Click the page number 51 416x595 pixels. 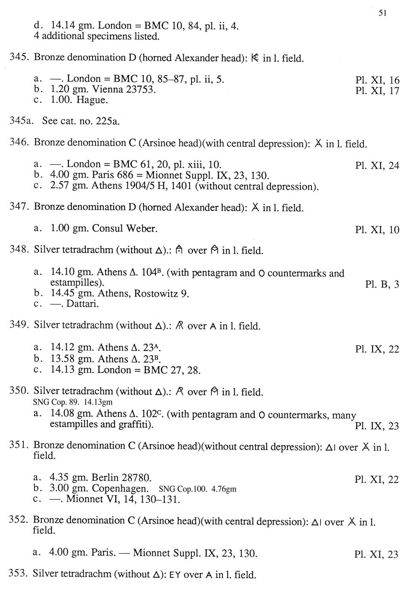(x=382, y=13)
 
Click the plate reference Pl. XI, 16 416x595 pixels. (x=377, y=80)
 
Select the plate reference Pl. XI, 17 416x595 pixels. (x=377, y=91)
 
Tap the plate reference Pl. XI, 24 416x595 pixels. (x=377, y=165)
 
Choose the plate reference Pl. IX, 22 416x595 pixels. (x=377, y=349)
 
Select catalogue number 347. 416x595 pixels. (x=19, y=207)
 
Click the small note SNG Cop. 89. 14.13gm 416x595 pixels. (x=73, y=402)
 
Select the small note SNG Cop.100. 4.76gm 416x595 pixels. (x=197, y=489)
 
